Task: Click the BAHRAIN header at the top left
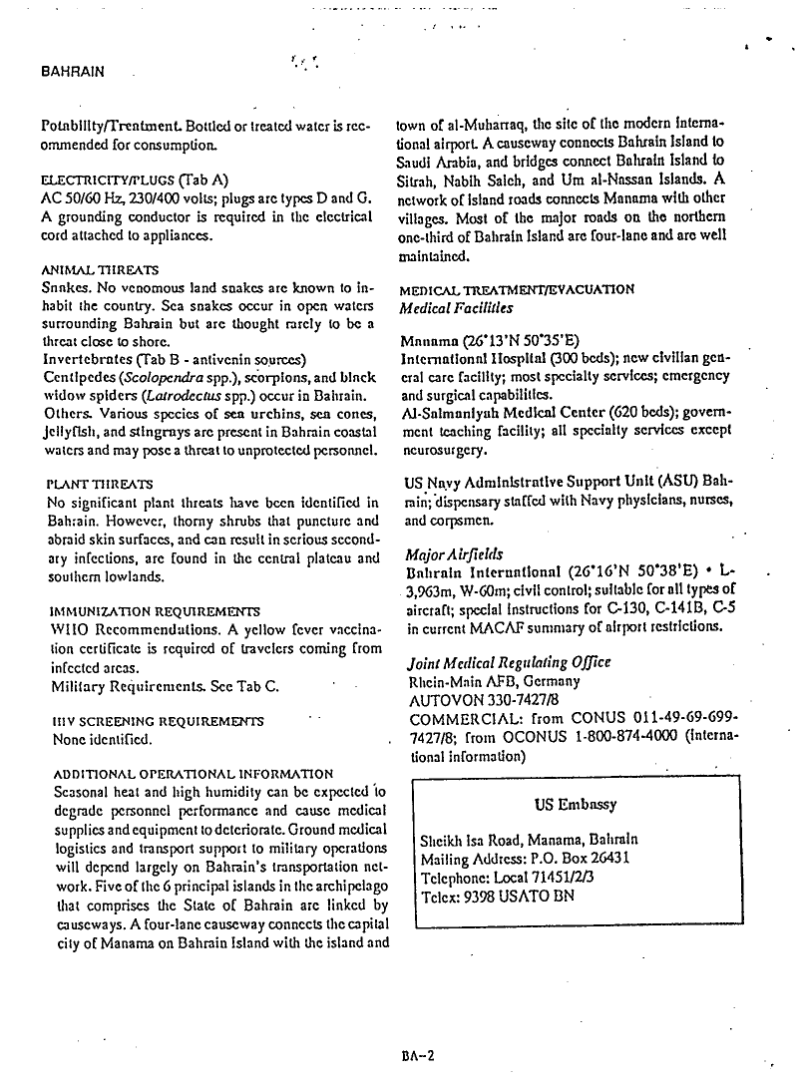[72, 73]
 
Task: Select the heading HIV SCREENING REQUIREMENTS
[157, 720]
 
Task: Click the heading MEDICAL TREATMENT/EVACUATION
[516, 290]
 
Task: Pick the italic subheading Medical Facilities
[455, 308]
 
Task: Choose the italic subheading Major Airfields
[454, 554]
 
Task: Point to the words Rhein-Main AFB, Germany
[494, 682]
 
